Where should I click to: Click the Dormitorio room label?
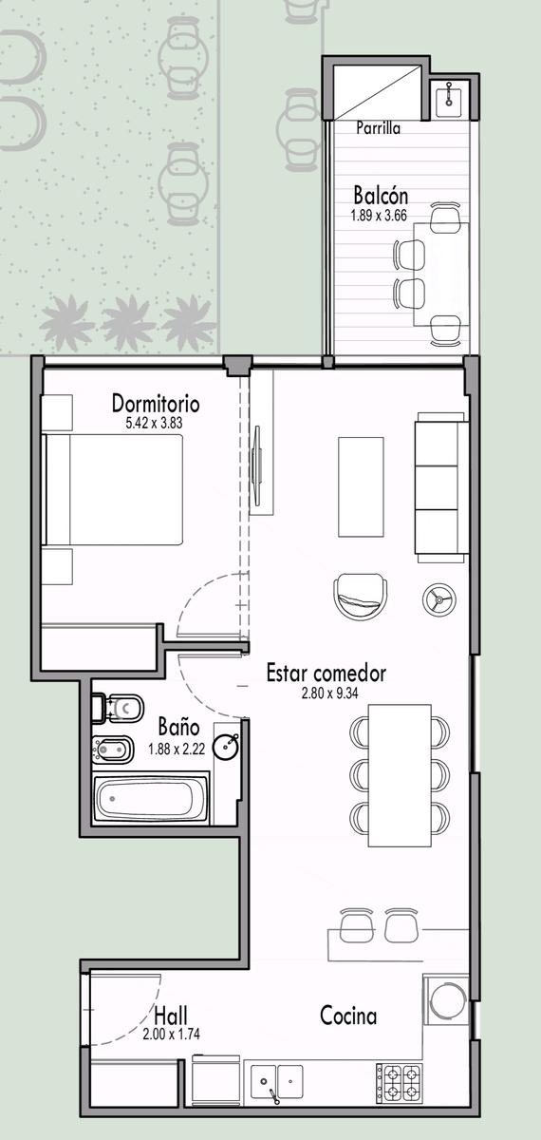[156, 403]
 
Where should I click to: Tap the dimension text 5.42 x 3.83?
[154, 423]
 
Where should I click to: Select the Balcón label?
[381, 196]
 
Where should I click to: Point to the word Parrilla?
[378, 127]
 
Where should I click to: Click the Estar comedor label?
[326, 673]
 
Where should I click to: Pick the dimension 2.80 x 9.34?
[329, 693]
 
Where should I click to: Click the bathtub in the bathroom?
[151, 797]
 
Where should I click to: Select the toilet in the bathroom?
[118, 708]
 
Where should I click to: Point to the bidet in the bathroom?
[113, 750]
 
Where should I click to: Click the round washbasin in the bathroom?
[227, 747]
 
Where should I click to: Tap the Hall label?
[171, 1016]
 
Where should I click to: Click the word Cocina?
[348, 1016]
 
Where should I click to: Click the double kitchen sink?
[276, 1084]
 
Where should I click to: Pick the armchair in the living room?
[360, 597]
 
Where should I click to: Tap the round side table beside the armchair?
[438, 599]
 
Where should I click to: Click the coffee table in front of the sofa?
[361, 486]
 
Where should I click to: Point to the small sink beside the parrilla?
[450, 97]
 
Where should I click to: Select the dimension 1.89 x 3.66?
[379, 216]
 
